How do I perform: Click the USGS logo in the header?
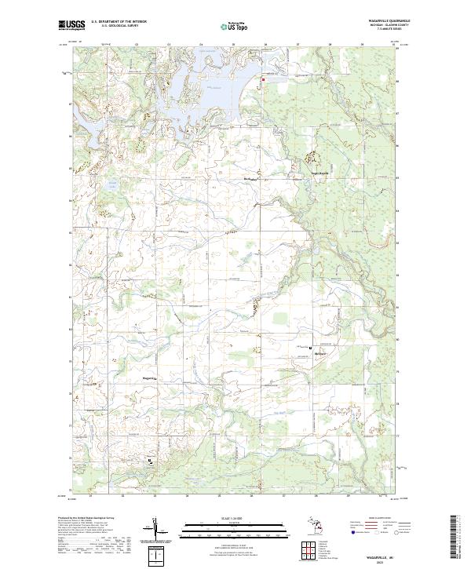(71, 24)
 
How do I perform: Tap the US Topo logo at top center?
(235, 24)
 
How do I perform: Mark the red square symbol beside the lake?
(263, 78)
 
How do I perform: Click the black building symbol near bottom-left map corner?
(152, 461)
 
